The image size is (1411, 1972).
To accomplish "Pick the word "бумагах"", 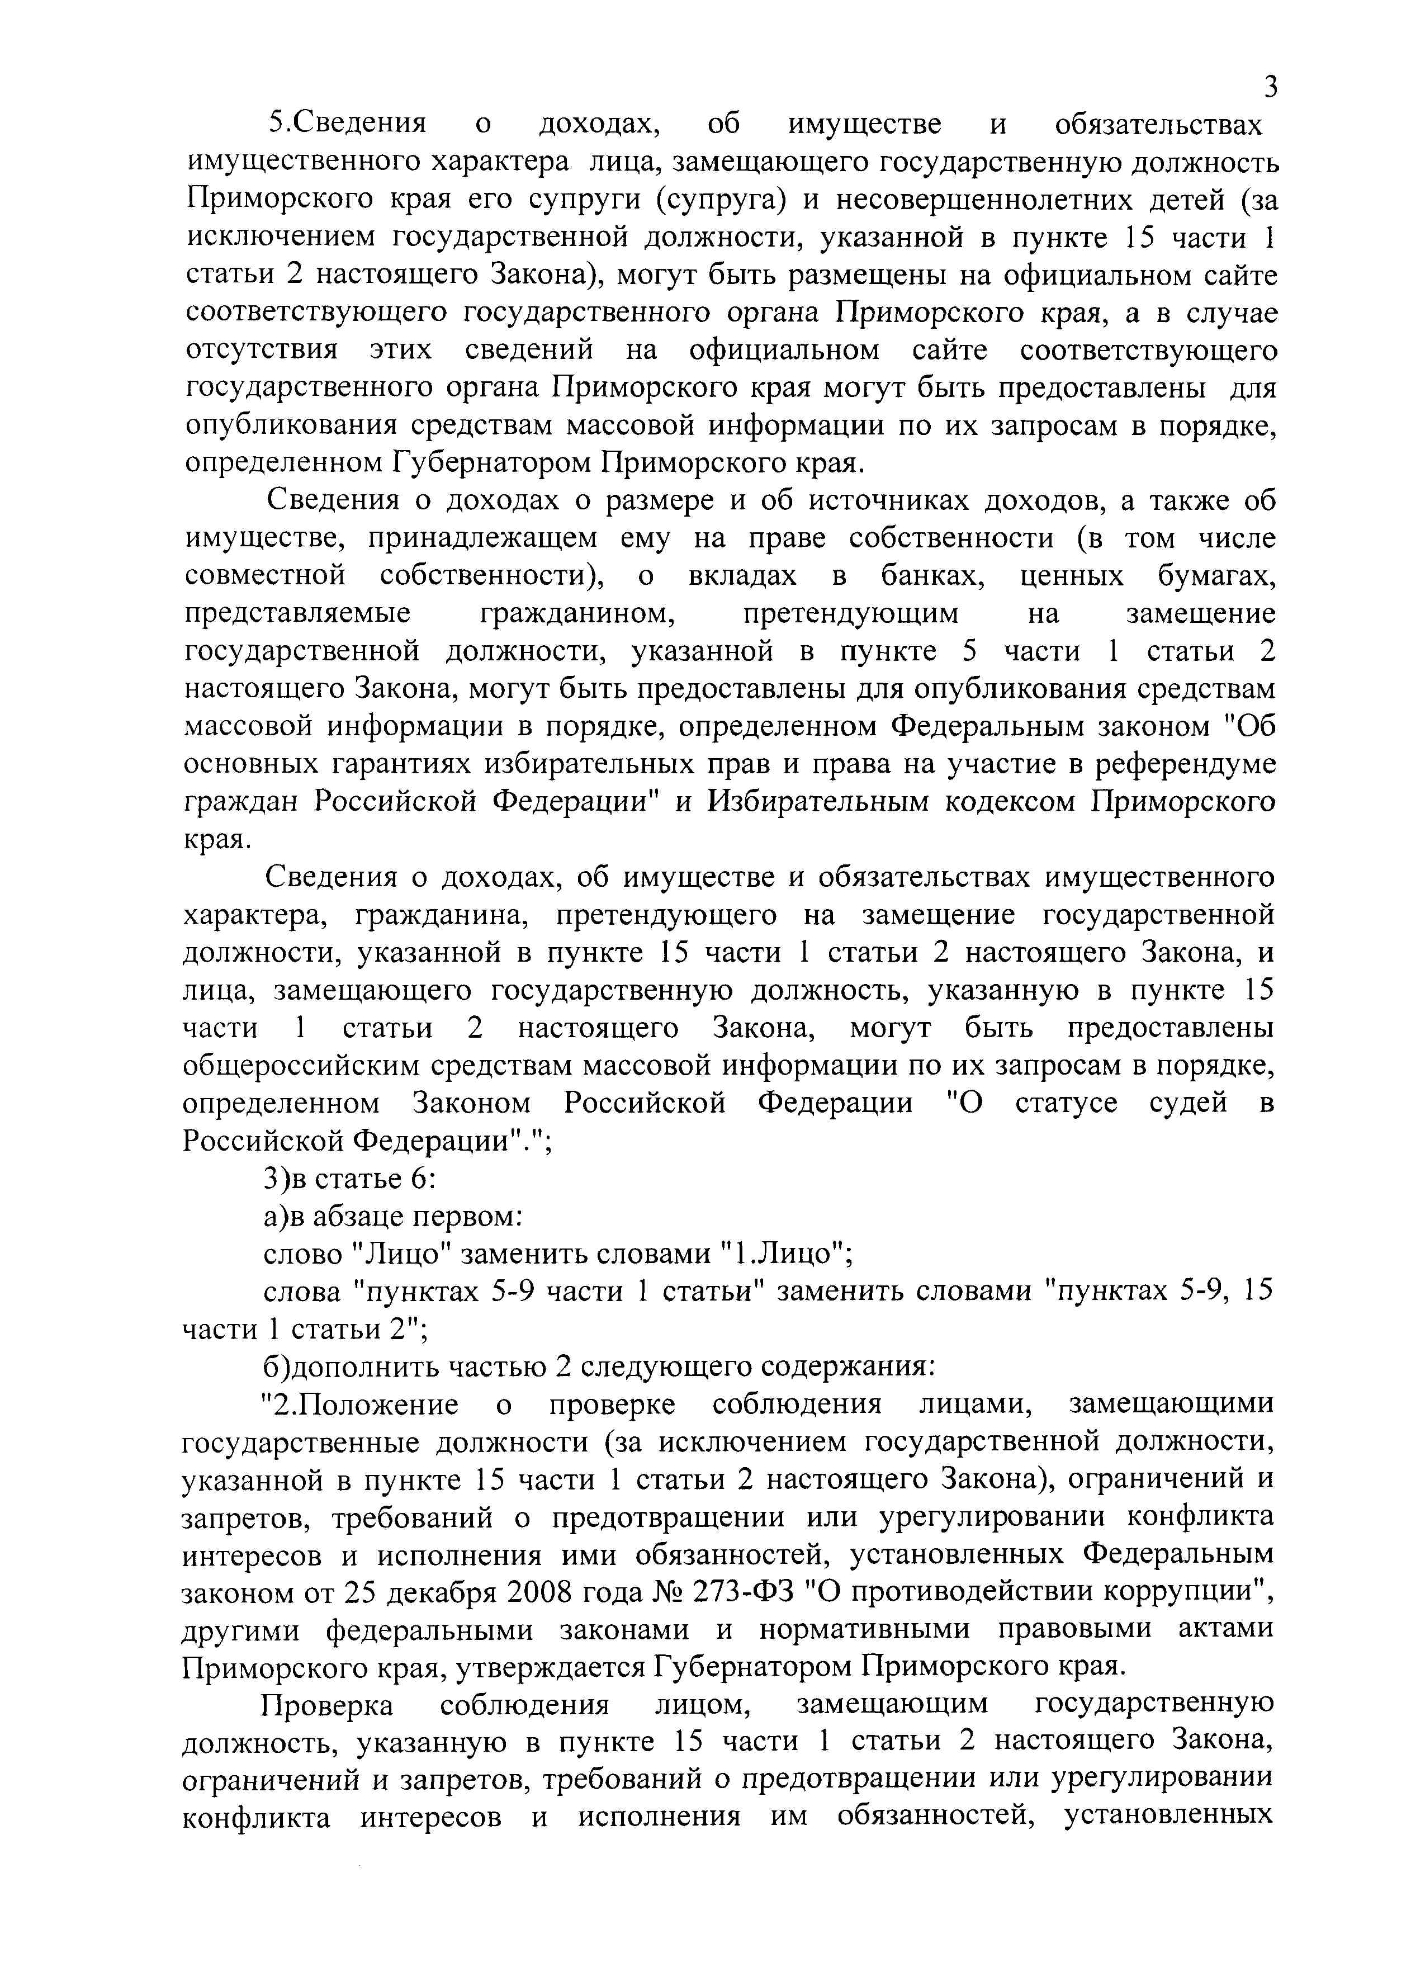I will pos(1216,575).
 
